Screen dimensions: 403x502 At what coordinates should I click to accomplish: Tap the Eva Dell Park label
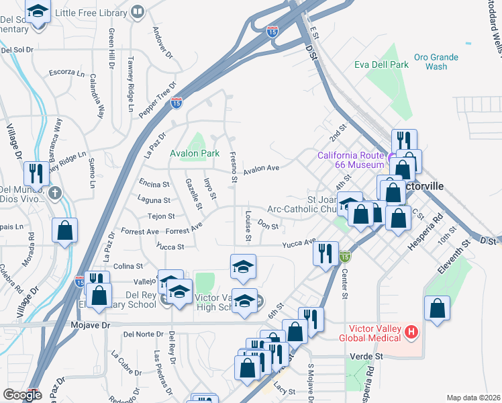381,64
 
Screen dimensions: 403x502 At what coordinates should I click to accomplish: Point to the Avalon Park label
195,153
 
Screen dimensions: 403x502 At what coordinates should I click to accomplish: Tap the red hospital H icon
412,332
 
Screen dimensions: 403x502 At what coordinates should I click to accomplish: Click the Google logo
22,394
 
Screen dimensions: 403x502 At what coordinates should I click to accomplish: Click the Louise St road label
248,227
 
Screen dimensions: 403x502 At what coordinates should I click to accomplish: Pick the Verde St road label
369,356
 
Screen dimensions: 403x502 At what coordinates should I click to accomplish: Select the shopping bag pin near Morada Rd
64,230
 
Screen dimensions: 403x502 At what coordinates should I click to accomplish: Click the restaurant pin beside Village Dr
34,173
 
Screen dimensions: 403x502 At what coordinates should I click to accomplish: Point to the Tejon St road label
161,216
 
